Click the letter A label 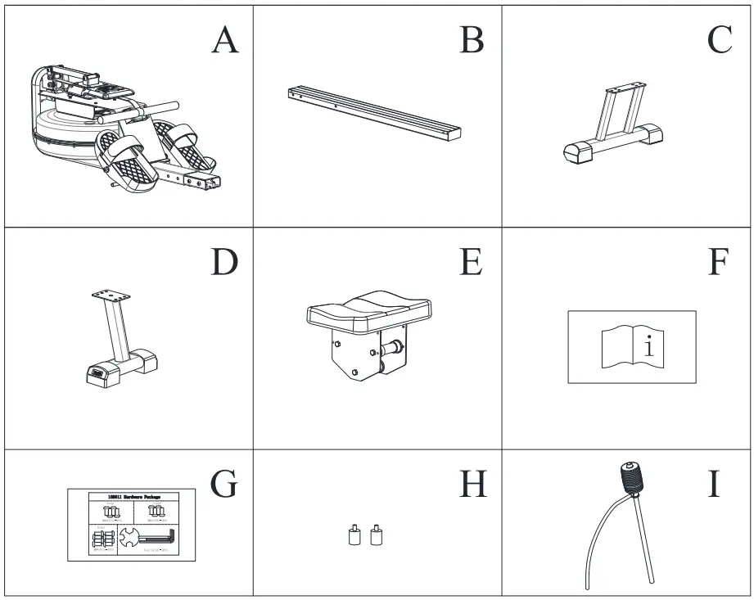point(224,39)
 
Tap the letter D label point(224,262)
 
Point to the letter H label point(472,484)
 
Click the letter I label point(714,484)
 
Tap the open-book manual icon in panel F point(631,347)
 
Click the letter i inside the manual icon point(649,347)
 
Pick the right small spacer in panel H point(377,536)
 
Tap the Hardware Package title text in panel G point(132,496)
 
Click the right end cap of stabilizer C point(653,133)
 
